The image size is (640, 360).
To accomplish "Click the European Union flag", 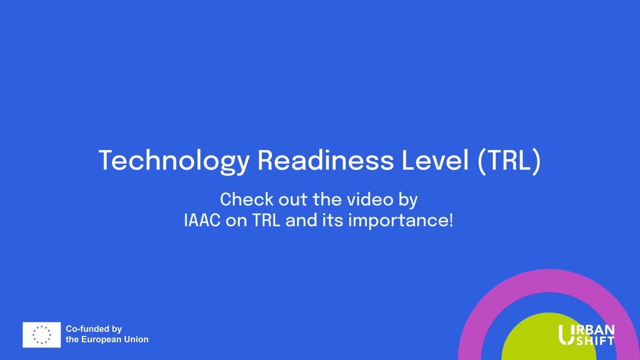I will coord(41,334).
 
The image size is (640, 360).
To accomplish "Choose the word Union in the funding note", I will coord(137,339).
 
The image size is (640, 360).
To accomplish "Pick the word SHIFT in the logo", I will coord(595,340).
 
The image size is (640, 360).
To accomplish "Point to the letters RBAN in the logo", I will coord(595,329).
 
